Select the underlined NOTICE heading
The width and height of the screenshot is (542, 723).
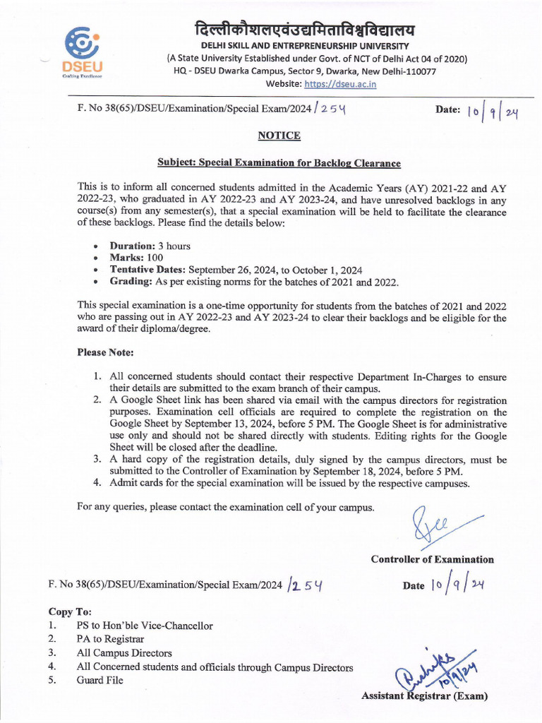click(279, 136)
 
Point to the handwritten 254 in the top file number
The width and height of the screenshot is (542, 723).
click(327, 110)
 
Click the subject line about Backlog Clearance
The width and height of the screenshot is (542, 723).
click(279, 163)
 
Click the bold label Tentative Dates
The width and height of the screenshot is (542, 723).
click(147, 270)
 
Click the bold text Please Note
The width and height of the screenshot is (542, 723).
click(105, 352)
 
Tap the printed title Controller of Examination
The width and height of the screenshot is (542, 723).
click(432, 559)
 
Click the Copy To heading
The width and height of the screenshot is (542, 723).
click(70, 611)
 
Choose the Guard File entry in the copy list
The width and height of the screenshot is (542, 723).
click(100, 680)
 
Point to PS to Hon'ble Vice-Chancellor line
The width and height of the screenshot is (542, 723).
click(144, 626)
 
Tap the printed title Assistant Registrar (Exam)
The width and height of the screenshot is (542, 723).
click(424, 696)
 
